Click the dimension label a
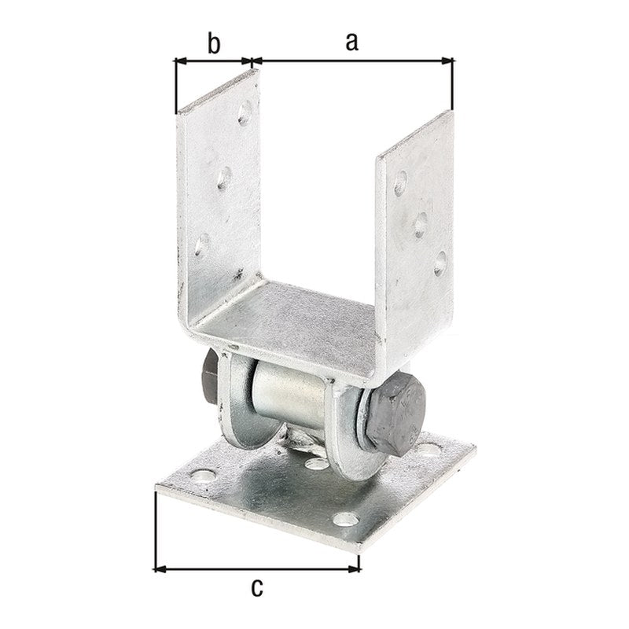[x=351, y=42]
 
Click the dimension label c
[x=257, y=588]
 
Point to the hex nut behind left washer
[x=210, y=377]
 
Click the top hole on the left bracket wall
[x=245, y=113]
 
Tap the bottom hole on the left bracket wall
[x=202, y=245]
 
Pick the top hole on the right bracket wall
[x=400, y=183]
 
